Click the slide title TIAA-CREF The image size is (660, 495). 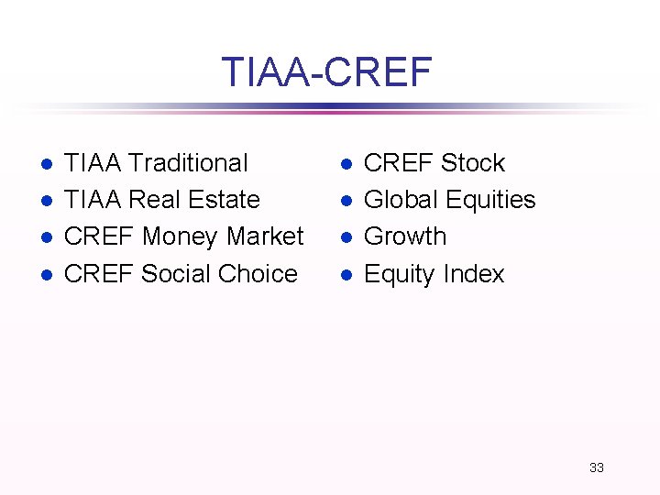326,71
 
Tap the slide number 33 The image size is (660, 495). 597,467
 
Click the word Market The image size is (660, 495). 265,236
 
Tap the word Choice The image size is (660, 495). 260,273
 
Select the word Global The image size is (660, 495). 402,200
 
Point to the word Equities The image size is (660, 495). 492,200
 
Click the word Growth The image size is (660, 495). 405,236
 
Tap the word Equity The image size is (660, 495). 400,274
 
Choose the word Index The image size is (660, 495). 473,273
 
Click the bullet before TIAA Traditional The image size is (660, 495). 46,164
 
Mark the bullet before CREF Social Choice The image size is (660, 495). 46,274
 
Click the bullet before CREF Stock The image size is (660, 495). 346,164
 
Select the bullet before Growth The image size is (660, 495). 346,237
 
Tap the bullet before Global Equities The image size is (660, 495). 346,201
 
